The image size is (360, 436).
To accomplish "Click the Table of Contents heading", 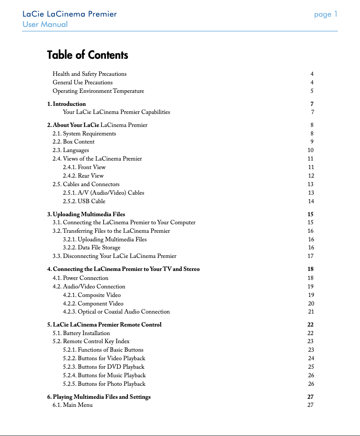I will point(88,55).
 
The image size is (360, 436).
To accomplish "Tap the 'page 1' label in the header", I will point(325,14).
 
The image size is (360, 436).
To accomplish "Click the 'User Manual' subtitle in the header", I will point(45,24).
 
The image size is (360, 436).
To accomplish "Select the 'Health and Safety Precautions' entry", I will point(89,74).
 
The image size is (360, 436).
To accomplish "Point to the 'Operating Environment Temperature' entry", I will point(98,91).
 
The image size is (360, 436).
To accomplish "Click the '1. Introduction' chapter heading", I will point(66,104).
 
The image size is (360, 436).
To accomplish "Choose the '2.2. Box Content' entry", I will point(74,142).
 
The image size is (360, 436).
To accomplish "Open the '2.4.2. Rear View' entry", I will point(83,176).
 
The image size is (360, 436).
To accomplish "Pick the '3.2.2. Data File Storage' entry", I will point(92,248).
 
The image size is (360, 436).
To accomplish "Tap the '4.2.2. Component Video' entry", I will point(93,304).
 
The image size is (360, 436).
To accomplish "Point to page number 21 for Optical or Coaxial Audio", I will point(311,312).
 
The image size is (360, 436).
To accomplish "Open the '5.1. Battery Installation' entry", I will point(81,333).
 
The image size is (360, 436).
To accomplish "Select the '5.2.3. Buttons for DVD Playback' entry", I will point(104,367).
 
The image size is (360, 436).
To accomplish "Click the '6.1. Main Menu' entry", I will point(73,405).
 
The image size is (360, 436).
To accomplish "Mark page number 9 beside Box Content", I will point(312,142).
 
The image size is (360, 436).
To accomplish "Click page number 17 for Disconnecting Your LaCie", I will point(311,256).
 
